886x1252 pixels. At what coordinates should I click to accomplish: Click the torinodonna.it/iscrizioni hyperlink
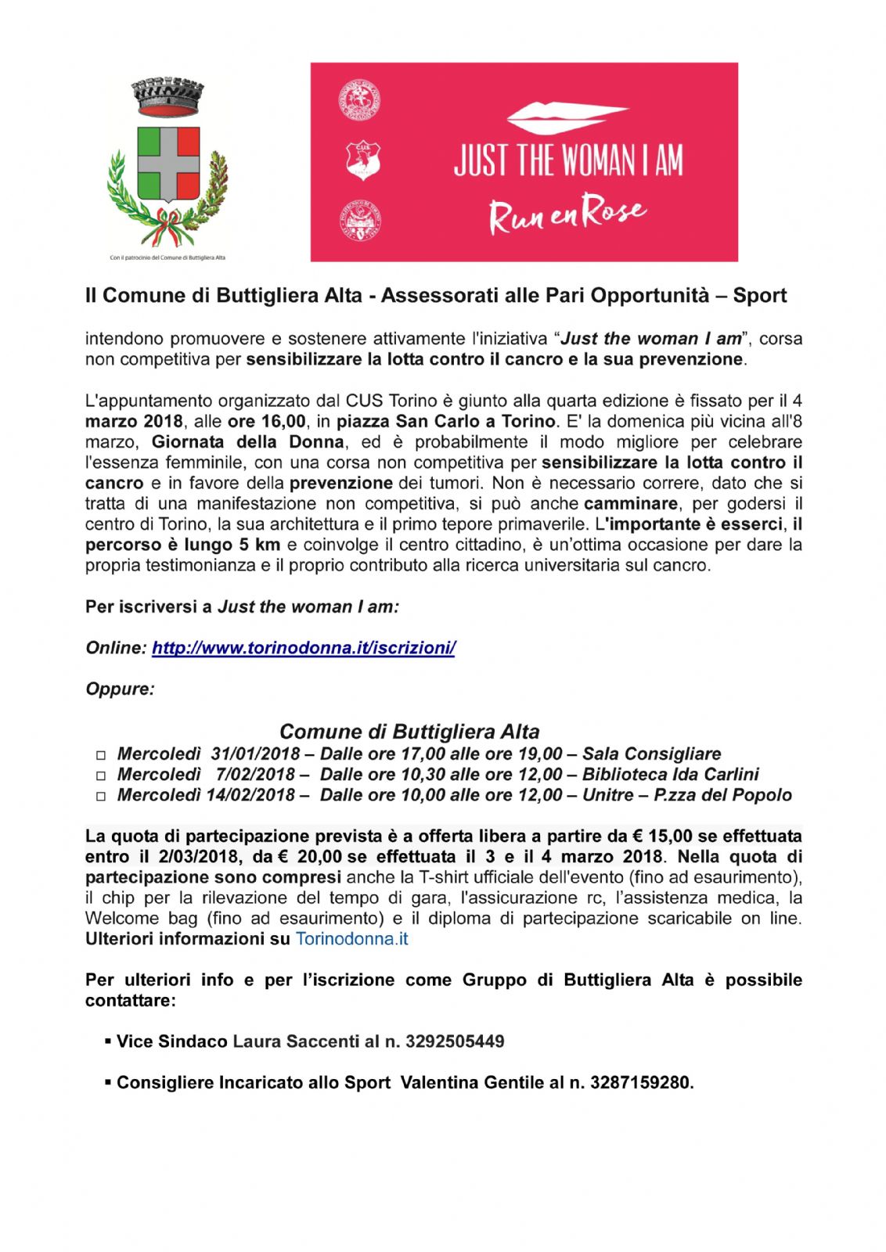(304, 648)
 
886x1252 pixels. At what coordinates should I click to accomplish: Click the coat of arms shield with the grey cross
(168, 164)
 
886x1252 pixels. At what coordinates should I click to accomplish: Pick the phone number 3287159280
(640, 1083)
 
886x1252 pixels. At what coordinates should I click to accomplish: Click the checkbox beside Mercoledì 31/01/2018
(100, 756)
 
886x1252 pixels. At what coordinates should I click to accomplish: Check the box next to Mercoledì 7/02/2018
(100, 776)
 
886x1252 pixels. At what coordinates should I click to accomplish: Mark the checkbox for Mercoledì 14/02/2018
(100, 797)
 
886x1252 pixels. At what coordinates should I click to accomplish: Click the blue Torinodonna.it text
(351, 939)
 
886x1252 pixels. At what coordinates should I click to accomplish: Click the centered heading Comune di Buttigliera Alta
(409, 732)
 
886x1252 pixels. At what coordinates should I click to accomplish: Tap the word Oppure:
(120, 689)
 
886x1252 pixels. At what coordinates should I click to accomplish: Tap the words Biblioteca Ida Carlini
(671, 775)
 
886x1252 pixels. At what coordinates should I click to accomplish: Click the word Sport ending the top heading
(759, 296)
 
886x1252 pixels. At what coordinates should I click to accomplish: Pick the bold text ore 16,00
(267, 422)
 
